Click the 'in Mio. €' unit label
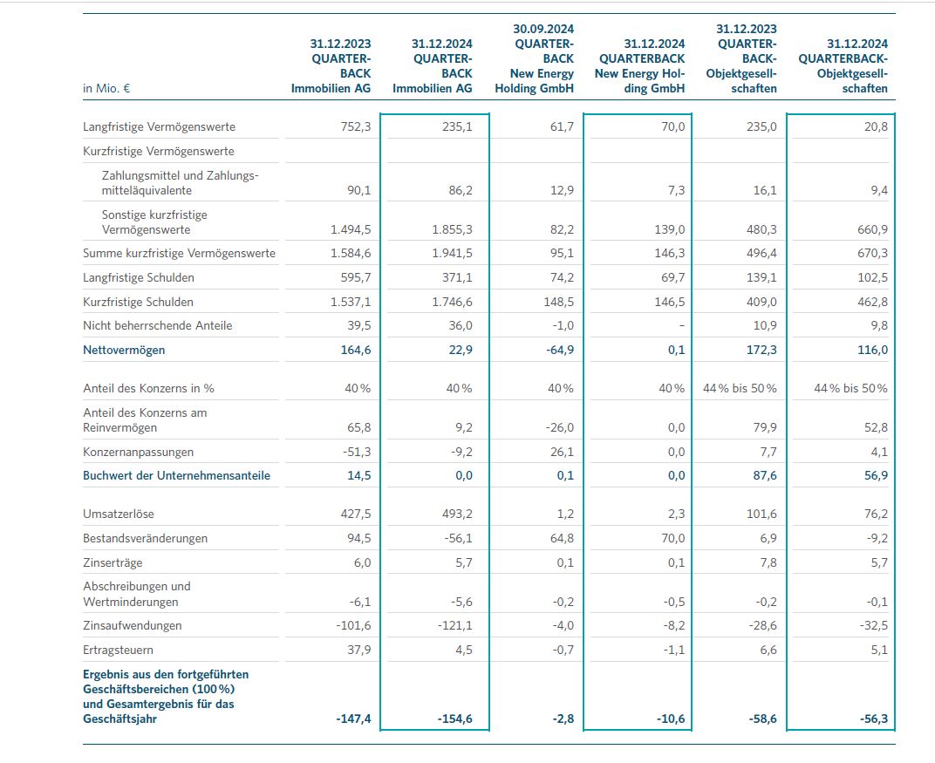(x=106, y=88)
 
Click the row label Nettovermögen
(x=124, y=350)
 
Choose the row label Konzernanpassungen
(x=138, y=452)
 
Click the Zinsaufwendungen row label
(x=132, y=625)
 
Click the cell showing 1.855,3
(x=451, y=230)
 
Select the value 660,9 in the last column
(x=871, y=230)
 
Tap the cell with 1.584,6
(x=351, y=254)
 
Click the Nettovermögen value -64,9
(x=557, y=350)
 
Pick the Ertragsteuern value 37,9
(x=357, y=650)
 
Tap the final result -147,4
(x=353, y=719)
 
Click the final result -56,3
(x=871, y=719)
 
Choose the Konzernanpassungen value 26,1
(x=560, y=452)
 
